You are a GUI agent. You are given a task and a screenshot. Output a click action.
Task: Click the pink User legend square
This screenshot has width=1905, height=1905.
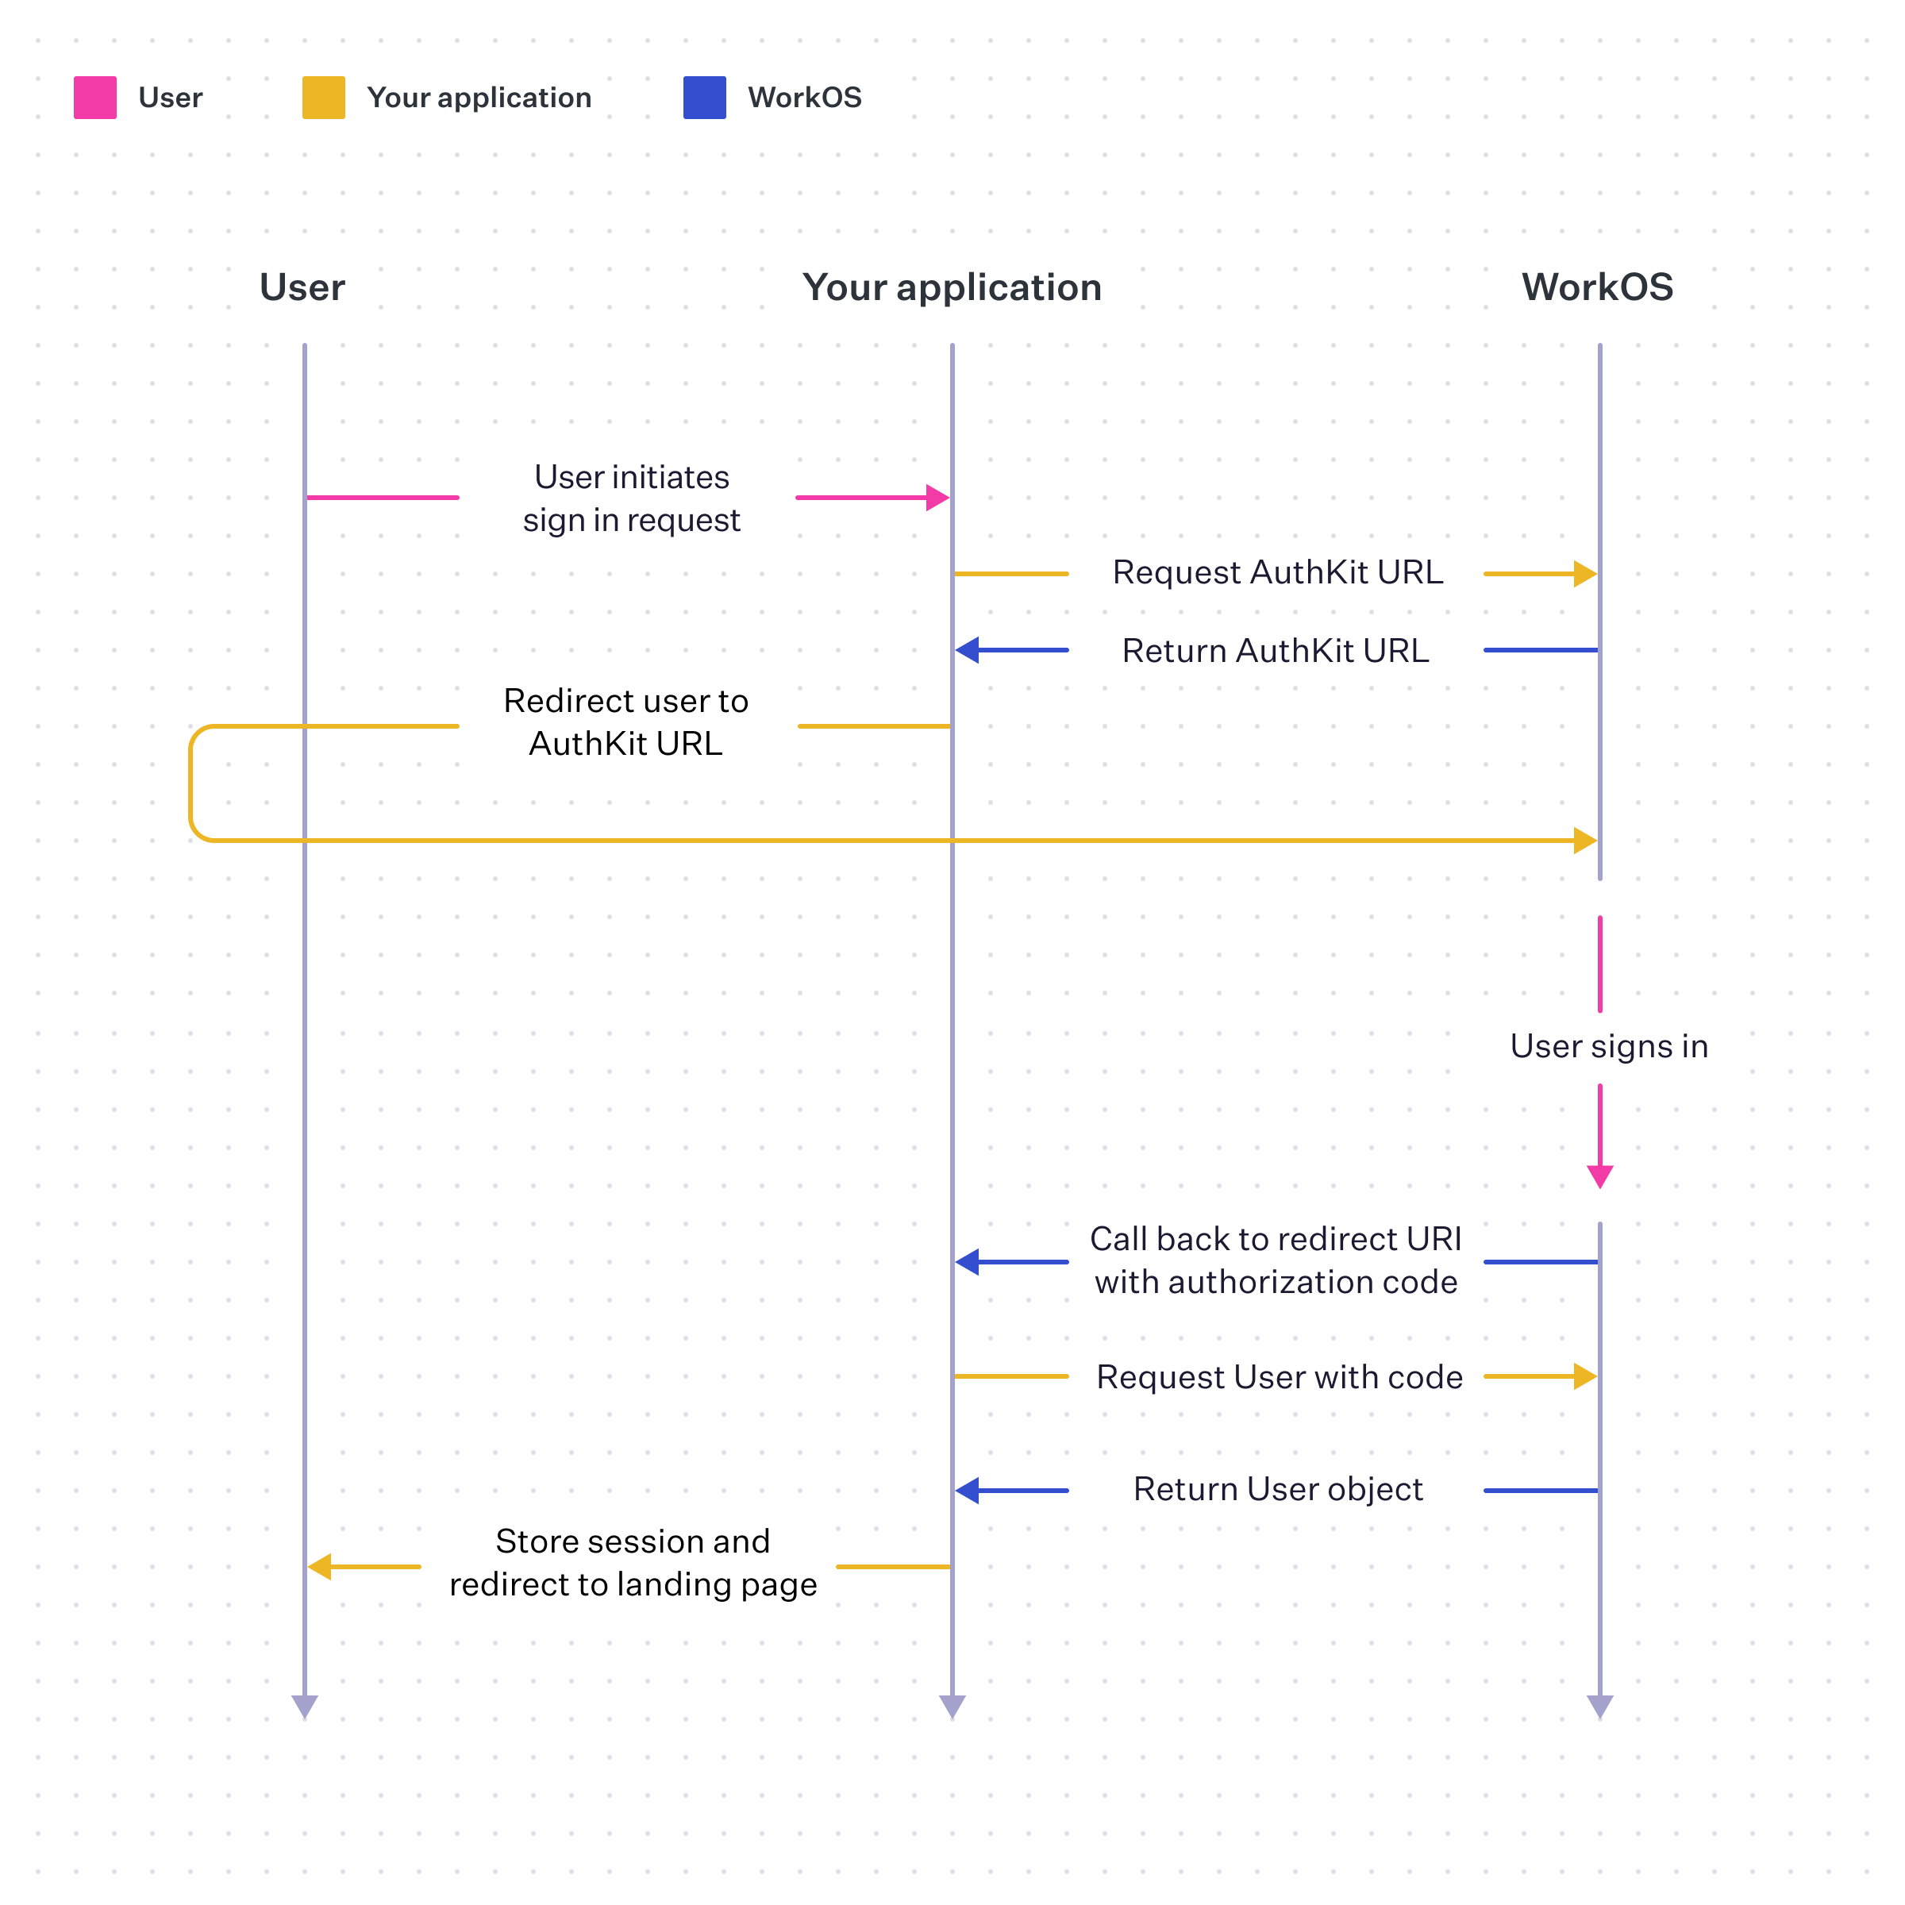[95, 98]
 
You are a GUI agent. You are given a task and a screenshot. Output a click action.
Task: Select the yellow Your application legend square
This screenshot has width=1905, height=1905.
[323, 98]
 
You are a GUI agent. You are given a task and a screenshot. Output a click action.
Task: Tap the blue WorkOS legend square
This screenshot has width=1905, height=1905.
[704, 98]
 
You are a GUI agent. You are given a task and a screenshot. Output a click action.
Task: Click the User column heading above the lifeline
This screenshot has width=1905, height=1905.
[302, 287]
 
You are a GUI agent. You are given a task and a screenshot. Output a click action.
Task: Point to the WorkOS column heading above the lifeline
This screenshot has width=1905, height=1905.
[1596, 287]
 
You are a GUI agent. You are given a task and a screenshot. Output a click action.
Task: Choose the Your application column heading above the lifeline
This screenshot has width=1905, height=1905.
[952, 287]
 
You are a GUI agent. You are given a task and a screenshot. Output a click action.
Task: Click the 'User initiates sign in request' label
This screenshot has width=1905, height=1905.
[631, 498]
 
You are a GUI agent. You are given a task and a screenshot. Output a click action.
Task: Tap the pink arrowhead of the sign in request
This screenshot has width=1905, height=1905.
[937, 498]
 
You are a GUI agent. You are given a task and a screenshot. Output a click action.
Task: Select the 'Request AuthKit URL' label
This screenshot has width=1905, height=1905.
[1277, 571]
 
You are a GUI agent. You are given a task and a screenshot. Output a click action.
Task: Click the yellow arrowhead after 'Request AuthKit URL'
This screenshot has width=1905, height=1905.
[1584, 574]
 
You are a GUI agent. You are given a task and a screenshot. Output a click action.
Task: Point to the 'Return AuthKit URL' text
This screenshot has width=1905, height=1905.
[1275, 651]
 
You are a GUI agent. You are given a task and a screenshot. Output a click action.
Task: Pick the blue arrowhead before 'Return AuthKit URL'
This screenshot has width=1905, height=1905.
[968, 650]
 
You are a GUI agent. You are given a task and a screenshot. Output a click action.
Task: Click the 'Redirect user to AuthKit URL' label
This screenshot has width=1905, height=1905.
[626, 722]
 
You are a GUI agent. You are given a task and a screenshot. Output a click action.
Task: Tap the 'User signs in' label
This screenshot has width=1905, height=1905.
[1608, 1046]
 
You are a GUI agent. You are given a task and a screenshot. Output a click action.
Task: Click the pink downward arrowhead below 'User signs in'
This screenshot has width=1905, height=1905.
[1599, 1176]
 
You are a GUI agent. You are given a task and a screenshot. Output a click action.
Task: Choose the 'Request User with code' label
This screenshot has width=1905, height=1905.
[1279, 1376]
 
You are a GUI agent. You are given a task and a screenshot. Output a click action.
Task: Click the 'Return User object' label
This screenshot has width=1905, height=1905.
[1278, 1489]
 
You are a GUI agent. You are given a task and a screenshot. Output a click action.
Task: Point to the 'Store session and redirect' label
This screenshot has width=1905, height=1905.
[633, 1563]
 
